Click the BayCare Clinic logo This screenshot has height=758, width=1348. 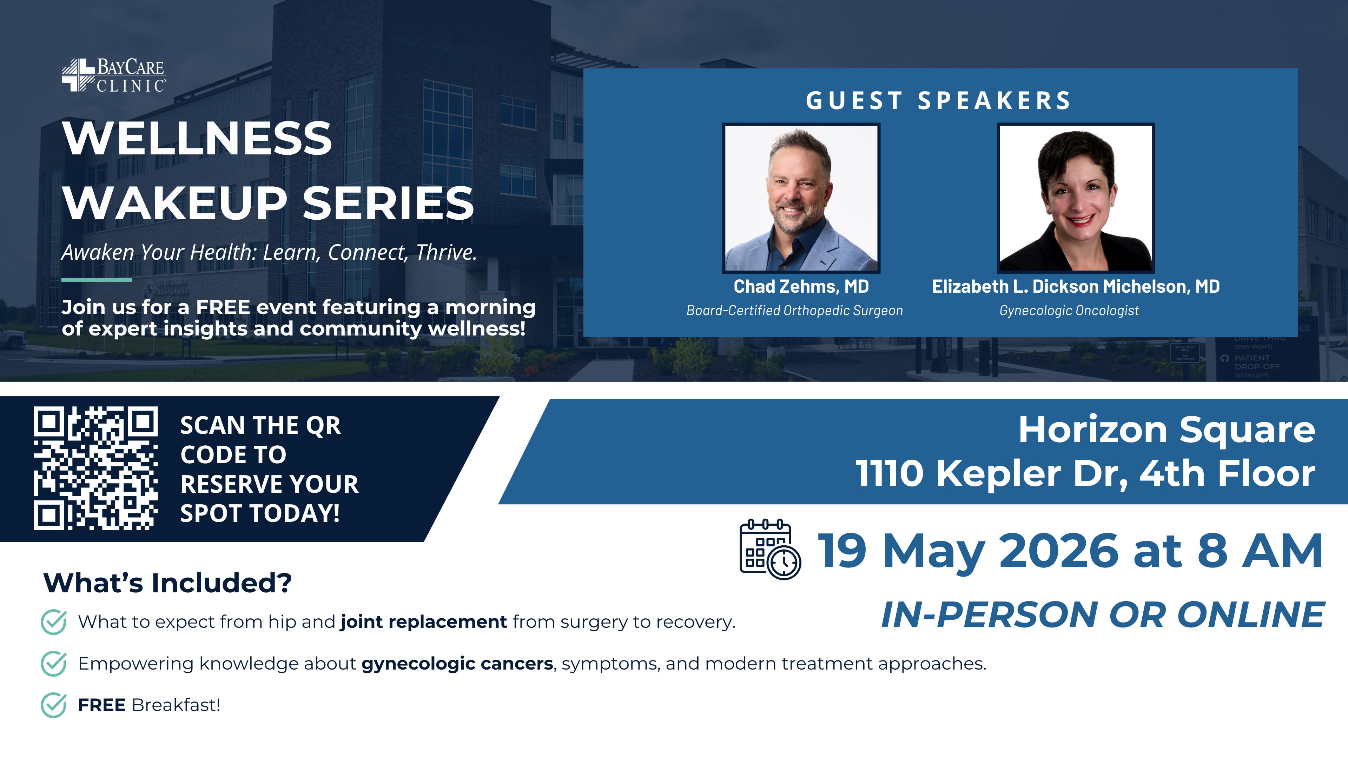(x=113, y=75)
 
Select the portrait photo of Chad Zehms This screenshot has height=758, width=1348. (x=801, y=198)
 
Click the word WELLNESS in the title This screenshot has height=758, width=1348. (x=197, y=138)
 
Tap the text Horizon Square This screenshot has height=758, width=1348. (x=1167, y=430)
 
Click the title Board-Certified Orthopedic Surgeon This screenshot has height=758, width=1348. (x=794, y=310)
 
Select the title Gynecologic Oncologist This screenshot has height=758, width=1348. (x=1069, y=310)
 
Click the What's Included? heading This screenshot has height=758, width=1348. (x=167, y=583)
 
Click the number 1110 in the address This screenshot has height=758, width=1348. (x=889, y=473)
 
